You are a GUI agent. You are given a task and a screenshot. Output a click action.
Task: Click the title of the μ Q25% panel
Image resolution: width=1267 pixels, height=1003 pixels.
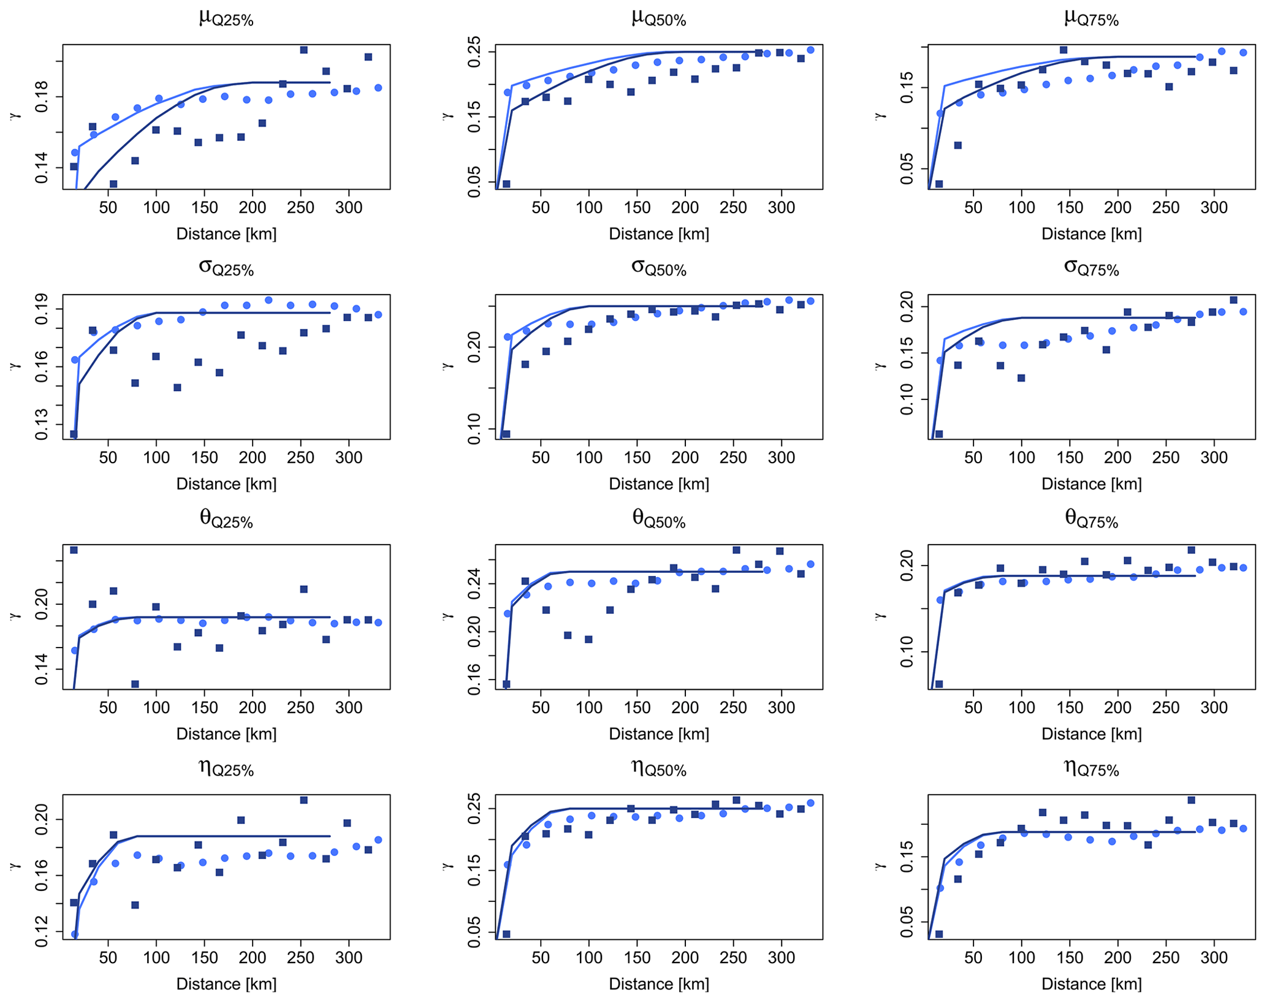226,18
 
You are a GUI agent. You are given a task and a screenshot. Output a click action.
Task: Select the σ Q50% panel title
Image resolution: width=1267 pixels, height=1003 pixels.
658,268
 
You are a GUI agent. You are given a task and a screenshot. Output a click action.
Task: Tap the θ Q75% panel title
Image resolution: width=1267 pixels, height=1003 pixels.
1091,519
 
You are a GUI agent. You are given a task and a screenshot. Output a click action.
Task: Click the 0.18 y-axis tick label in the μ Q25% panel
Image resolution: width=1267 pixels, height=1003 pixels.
42,97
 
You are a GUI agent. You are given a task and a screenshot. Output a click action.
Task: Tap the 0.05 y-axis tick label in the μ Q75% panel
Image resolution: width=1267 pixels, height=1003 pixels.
907,170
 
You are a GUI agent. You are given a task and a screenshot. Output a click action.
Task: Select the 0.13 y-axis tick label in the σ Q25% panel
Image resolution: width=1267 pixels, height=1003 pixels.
42,424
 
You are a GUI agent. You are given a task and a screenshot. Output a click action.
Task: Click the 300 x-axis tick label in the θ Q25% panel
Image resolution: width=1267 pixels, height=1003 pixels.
349,708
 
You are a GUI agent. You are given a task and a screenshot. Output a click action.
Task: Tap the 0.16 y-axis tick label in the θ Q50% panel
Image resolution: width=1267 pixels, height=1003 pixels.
474,680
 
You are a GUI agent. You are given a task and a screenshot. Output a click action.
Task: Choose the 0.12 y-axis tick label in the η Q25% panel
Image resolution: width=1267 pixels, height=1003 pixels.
42,932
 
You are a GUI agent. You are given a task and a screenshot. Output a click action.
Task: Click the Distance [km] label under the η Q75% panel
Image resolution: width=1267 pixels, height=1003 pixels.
1091,984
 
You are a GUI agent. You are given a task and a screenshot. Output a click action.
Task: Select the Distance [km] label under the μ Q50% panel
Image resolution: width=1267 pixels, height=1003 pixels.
658,234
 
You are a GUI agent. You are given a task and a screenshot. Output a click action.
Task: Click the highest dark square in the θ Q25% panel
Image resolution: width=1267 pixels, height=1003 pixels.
74,550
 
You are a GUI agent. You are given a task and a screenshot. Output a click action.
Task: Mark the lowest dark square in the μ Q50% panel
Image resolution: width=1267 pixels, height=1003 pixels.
506,184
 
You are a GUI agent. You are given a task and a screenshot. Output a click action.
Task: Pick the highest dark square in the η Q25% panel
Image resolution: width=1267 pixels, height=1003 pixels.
303,800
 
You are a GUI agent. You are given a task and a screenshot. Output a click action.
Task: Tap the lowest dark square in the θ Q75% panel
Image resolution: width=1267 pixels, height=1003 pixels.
938,684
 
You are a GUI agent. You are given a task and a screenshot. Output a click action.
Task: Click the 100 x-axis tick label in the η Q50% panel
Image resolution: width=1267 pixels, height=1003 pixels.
588,958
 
